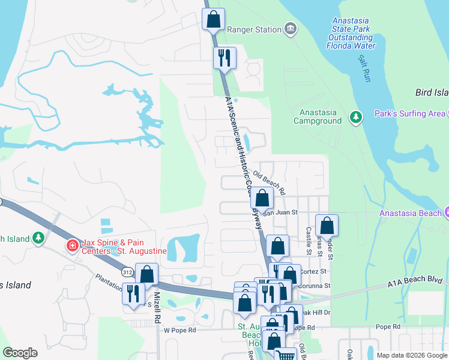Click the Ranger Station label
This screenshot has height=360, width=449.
click(255, 29)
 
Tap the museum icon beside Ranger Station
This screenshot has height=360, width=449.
click(291, 29)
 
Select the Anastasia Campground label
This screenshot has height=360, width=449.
click(318, 116)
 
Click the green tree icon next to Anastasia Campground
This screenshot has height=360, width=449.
click(356, 116)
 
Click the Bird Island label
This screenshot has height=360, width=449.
click(432, 92)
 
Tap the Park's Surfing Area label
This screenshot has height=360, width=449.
click(409, 113)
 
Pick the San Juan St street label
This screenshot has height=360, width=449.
click(278, 212)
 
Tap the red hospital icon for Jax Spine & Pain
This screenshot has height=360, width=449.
click(73, 245)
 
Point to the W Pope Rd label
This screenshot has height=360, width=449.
click(180, 330)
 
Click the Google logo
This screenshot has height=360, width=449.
click(20, 353)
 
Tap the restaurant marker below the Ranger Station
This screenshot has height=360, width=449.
click(224, 59)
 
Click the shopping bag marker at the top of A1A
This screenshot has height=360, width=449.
click(213, 19)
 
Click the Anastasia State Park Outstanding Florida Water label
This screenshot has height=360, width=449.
click(354, 34)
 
